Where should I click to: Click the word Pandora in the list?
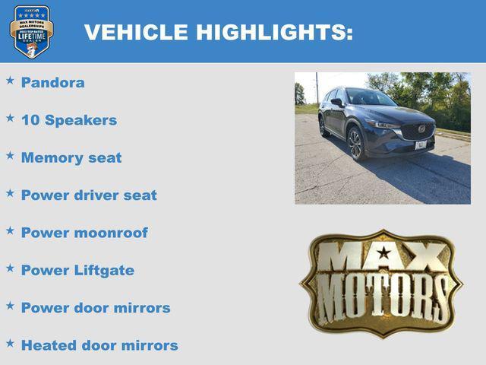click(52, 83)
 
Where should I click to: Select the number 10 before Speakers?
click(30, 120)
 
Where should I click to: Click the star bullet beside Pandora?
click(10, 79)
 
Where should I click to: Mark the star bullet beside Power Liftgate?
click(10, 268)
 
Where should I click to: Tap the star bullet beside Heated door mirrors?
click(10, 343)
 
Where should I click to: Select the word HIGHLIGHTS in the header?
click(274, 33)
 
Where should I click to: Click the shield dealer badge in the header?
click(31, 31)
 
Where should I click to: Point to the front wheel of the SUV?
click(355, 143)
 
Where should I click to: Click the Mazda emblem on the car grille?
click(421, 129)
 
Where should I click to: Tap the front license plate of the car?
click(421, 144)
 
